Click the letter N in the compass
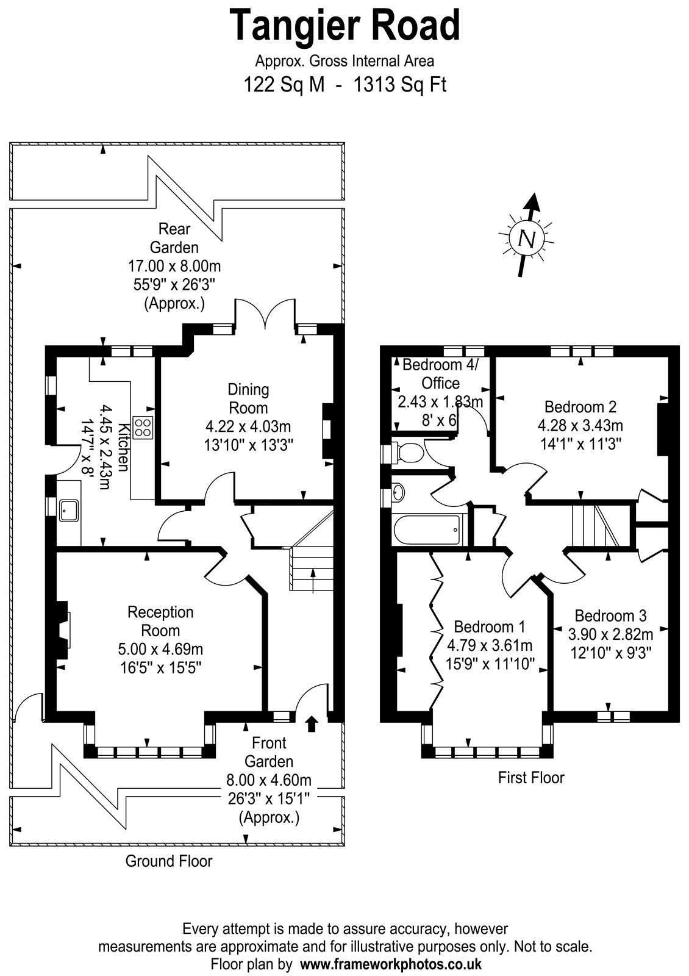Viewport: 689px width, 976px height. [527, 239]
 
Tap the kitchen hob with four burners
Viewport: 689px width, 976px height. [143, 427]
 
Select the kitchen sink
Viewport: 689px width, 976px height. [69, 511]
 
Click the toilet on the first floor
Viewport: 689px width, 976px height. [407, 452]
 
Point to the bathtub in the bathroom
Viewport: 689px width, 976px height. [427, 529]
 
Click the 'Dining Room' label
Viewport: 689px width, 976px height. [249, 399]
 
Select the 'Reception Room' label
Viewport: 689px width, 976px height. [160, 622]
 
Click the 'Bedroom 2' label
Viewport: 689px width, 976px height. [580, 406]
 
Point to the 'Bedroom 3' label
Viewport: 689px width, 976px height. [610, 615]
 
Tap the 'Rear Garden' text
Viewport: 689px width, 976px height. [174, 238]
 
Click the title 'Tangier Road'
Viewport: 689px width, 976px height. [344, 25]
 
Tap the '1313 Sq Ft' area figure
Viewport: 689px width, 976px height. [400, 85]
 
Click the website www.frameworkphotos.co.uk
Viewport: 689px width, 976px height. [391, 963]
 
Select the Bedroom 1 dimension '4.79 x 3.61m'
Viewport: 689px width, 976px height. [490, 645]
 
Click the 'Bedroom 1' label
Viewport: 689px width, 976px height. [490, 626]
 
